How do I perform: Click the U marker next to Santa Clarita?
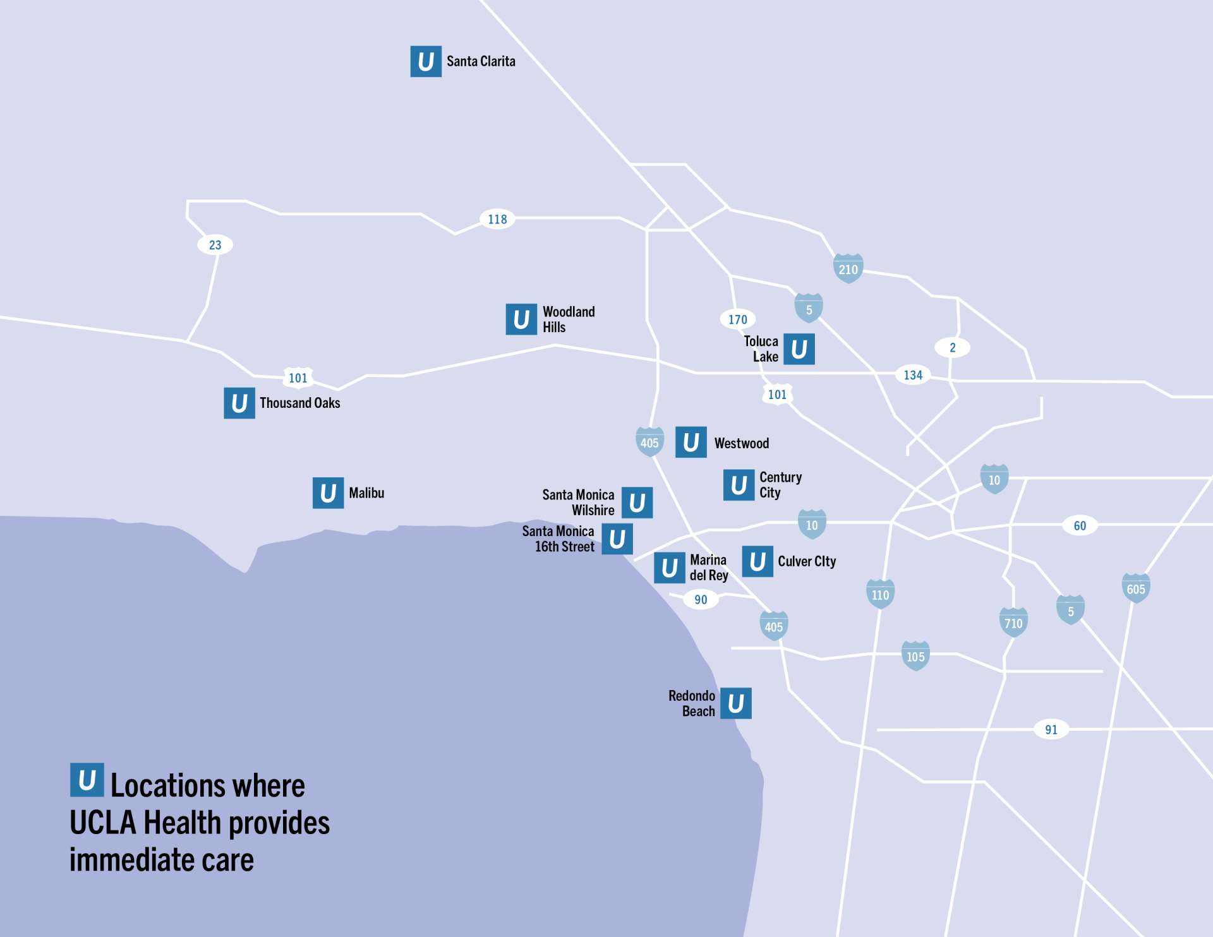tap(426, 61)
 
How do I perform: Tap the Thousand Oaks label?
tap(299, 403)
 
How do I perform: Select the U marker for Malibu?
tap(328, 492)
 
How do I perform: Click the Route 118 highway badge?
tap(497, 219)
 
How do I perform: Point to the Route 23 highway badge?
tap(215, 245)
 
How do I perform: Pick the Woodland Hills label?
tap(568, 319)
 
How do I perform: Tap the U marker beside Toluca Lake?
tap(799, 349)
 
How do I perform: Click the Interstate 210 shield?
tap(848, 269)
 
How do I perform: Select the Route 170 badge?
tap(737, 319)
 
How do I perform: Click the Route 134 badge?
tap(913, 375)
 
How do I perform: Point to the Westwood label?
tap(741, 443)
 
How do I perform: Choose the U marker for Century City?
tap(739, 485)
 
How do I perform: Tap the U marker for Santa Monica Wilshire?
tap(637, 503)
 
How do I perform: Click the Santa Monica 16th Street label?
tap(558, 539)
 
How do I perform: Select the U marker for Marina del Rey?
tap(669, 568)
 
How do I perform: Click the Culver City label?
tap(806, 561)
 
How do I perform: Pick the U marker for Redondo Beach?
tap(735, 703)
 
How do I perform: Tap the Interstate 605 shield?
tap(1135, 588)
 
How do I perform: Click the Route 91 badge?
tap(1051, 729)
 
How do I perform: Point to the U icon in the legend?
tap(87, 780)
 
